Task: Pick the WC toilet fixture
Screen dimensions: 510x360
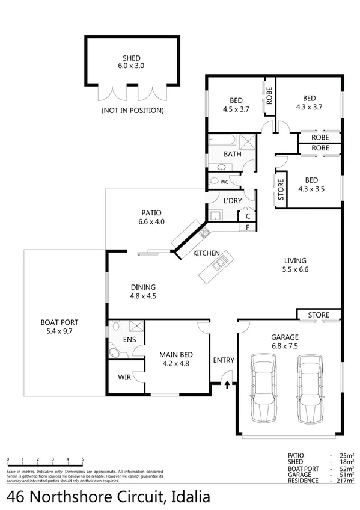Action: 213,181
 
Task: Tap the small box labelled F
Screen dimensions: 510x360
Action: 247,227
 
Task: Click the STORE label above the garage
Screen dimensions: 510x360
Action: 319,315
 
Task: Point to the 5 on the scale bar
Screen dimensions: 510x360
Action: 82,459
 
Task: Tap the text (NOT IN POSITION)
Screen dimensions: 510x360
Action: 132,110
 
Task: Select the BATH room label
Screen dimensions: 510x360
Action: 233,154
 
